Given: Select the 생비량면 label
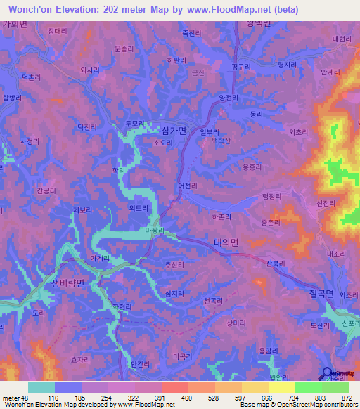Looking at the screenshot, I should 67,283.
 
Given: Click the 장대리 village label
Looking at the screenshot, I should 58,32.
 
